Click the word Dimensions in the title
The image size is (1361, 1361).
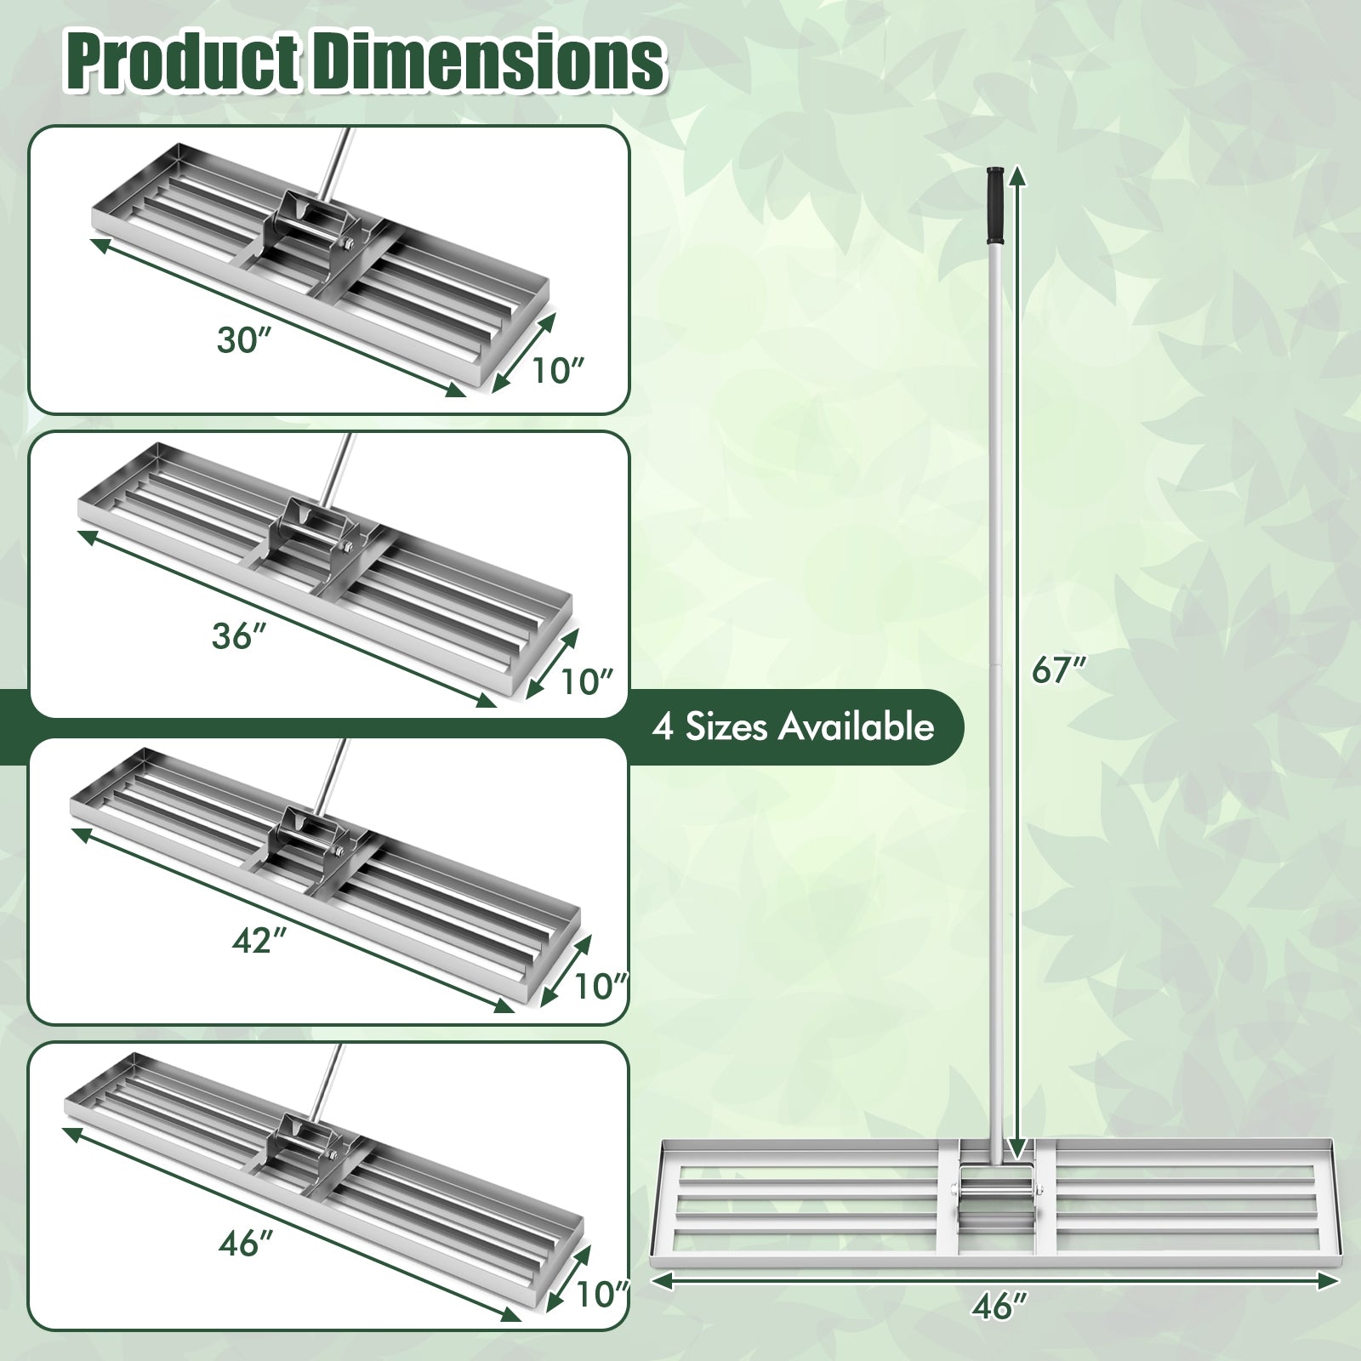pyautogui.click(x=488, y=61)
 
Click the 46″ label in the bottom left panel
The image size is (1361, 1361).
pyautogui.click(x=243, y=1244)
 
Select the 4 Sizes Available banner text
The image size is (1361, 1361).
pyautogui.click(x=793, y=727)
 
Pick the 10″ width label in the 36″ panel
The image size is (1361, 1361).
pyautogui.click(x=587, y=681)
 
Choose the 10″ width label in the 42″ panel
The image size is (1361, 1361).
pyautogui.click(x=601, y=987)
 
